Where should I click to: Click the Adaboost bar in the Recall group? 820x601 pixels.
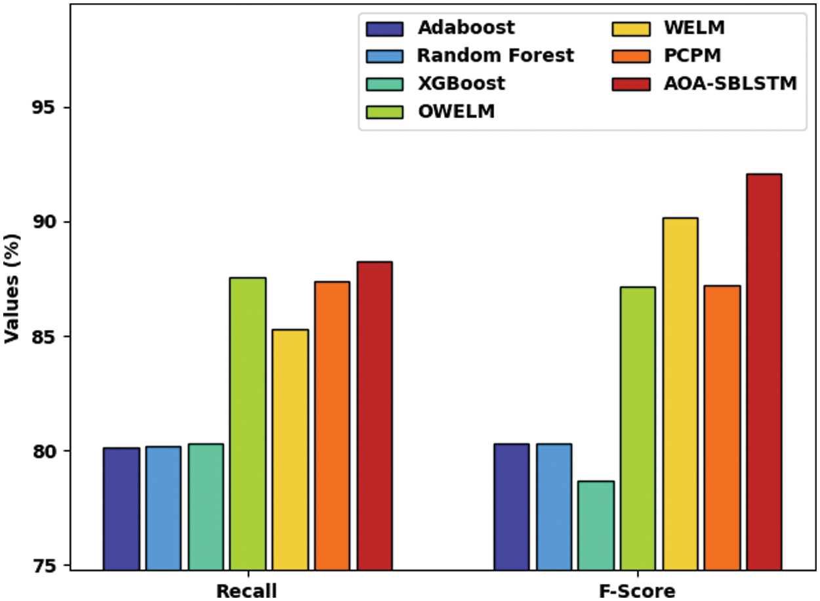coord(121,508)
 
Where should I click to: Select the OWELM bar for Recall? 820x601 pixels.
coord(248,423)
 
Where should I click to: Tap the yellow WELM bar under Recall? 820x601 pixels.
coord(291,449)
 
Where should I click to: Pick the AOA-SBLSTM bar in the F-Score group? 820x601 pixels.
coord(764,371)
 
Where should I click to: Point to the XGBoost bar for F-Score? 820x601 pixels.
coord(596,525)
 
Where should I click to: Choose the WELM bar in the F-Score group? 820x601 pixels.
coord(680,394)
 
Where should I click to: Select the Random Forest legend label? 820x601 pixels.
coord(495,56)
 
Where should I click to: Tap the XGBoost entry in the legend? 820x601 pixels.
coord(462,84)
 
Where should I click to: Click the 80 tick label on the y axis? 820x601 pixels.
coord(45,451)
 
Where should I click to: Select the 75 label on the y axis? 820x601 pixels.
coord(45,566)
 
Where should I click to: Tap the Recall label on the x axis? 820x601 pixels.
coord(247,591)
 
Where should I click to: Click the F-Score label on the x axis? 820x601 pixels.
coord(637,591)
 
